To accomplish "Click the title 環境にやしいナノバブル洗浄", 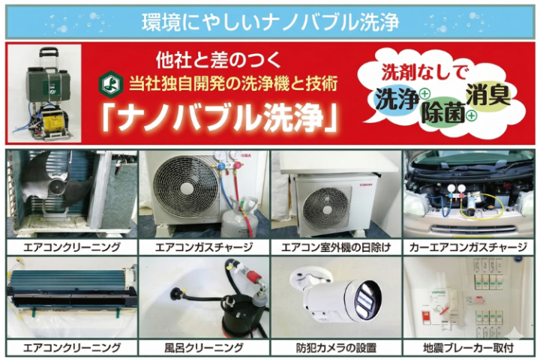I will (270, 21).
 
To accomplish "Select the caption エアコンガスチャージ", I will (203, 245).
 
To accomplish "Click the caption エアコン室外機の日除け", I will (336, 245).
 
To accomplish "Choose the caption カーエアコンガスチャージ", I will (469, 245).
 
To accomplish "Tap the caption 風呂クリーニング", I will (203, 347).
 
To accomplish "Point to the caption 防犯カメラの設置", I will (336, 347).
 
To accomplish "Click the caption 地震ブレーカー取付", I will (469, 347).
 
